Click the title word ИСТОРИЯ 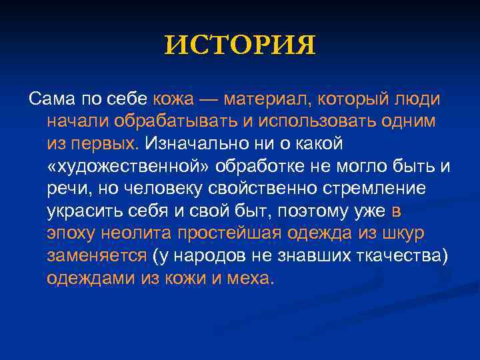(240, 45)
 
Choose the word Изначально (195, 144)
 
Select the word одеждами (90, 278)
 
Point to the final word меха (251, 278)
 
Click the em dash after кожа (209, 99)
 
